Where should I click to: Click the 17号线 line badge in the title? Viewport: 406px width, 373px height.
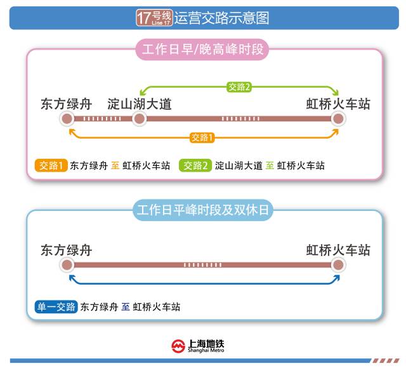(x=154, y=18)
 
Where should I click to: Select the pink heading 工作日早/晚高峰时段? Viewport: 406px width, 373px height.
(x=203, y=50)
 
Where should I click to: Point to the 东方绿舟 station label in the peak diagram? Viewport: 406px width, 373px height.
(x=66, y=104)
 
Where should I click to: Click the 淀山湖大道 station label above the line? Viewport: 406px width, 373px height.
(x=140, y=104)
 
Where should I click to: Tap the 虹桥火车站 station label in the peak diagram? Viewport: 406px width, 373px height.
(x=338, y=104)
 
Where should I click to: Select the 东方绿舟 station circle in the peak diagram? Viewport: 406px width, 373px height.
(x=67, y=119)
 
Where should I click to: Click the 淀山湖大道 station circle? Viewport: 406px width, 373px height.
(x=140, y=119)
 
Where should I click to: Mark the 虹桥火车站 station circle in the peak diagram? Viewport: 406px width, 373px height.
(x=338, y=119)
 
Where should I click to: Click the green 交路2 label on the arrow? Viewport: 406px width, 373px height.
(x=239, y=87)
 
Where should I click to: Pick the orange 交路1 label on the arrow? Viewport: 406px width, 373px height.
(x=202, y=137)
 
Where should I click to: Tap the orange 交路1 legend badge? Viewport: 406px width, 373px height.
(x=51, y=166)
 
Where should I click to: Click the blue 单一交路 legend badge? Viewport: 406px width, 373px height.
(x=56, y=307)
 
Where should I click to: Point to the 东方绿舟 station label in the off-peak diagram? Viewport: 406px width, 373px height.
(x=66, y=250)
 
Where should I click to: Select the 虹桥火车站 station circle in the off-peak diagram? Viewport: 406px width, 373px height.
(x=338, y=265)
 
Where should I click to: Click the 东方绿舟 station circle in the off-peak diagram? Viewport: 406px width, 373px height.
(x=67, y=265)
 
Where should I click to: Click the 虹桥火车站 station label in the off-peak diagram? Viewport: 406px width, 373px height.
(x=338, y=250)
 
